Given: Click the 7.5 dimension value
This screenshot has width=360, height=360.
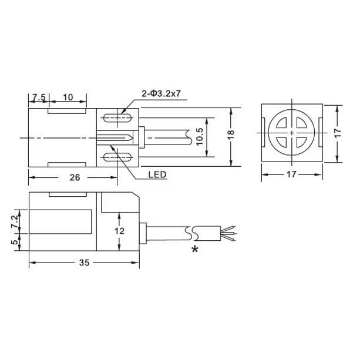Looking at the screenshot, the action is (x=39, y=97).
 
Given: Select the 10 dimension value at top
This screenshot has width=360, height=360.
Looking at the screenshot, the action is (x=68, y=97).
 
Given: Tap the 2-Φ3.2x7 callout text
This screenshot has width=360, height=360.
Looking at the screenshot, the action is (x=161, y=94).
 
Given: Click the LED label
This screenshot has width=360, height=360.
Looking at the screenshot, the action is (x=157, y=175).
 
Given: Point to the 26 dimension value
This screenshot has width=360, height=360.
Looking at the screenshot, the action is (x=75, y=177).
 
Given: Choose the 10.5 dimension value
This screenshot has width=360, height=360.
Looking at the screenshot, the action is (x=200, y=137).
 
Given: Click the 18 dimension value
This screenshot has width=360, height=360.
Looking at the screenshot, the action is (x=231, y=134).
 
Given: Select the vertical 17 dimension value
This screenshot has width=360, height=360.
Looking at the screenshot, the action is (x=338, y=133).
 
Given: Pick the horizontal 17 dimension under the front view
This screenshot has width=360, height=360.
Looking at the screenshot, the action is (x=291, y=174).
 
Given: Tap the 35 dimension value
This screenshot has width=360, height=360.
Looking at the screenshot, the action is (x=84, y=263).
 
